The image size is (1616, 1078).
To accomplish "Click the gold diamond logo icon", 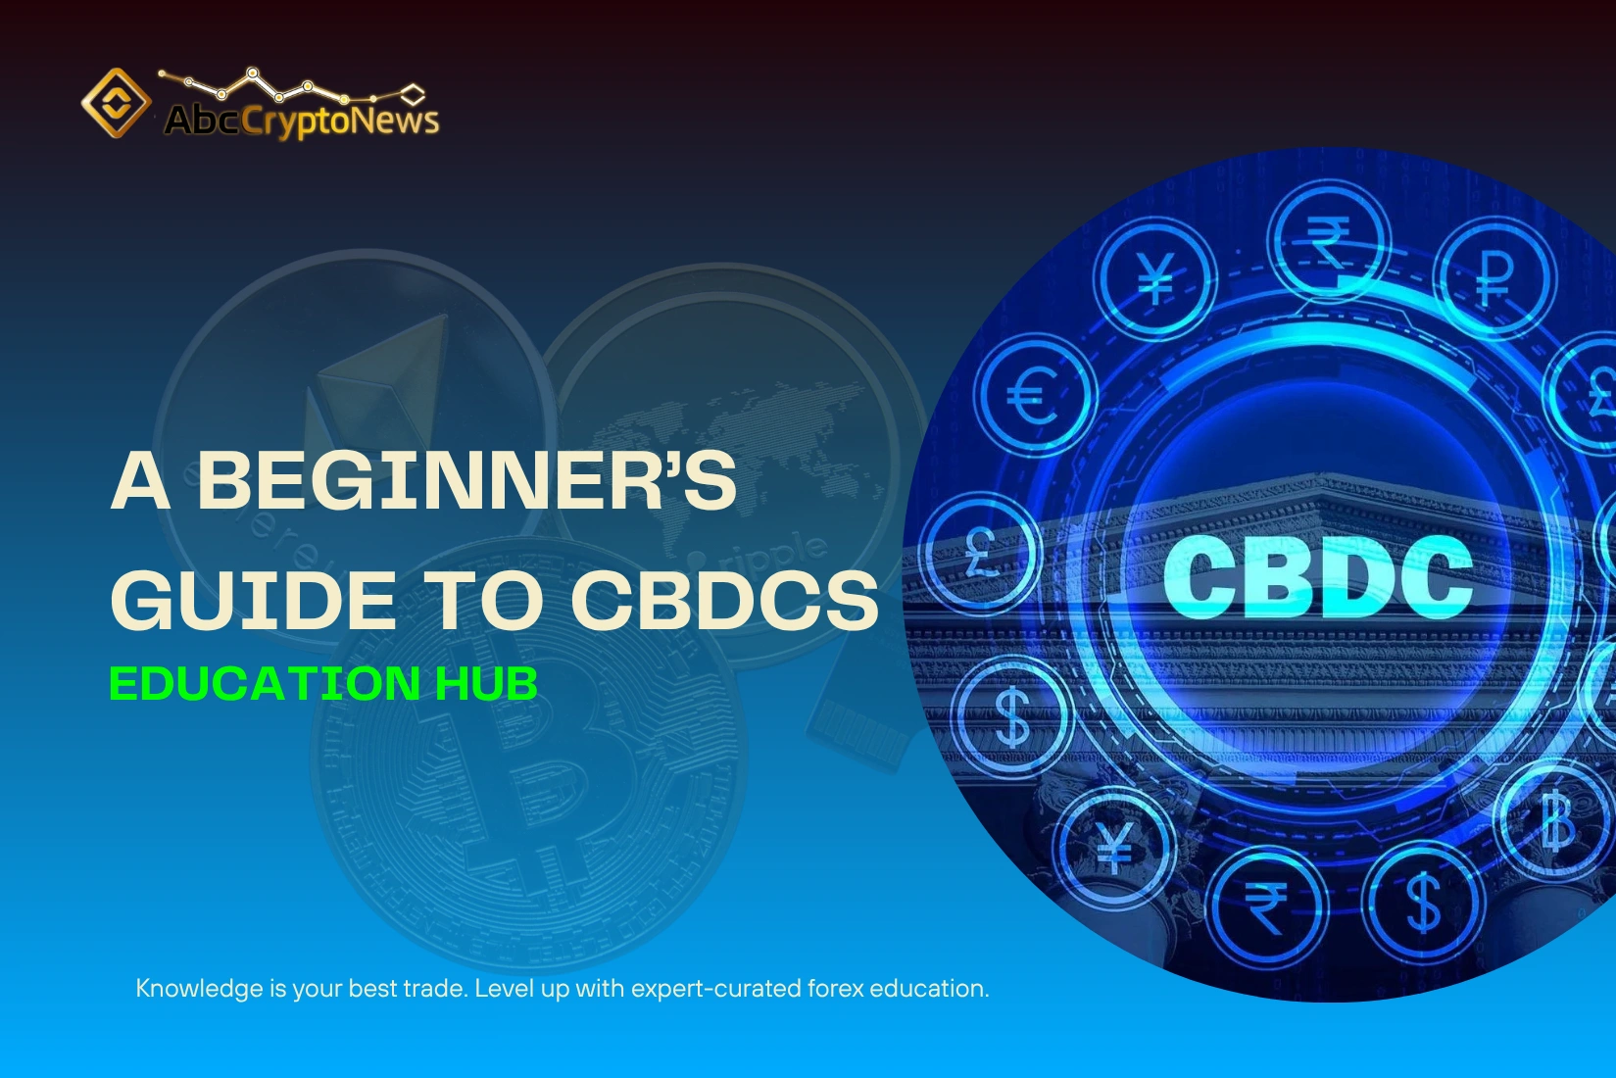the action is tap(117, 103).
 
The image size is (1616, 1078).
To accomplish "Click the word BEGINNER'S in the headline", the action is tap(466, 480).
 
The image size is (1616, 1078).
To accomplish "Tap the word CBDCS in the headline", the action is tap(724, 601).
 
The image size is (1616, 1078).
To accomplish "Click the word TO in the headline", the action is tap(482, 601).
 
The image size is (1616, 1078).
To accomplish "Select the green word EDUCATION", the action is tap(265, 683).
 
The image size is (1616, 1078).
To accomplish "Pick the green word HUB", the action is tap(487, 683).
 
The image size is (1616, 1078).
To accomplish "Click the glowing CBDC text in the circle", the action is tap(1317, 578).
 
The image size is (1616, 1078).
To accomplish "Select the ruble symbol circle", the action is tap(1494, 277).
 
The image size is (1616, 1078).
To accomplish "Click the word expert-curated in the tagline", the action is tap(715, 989).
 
